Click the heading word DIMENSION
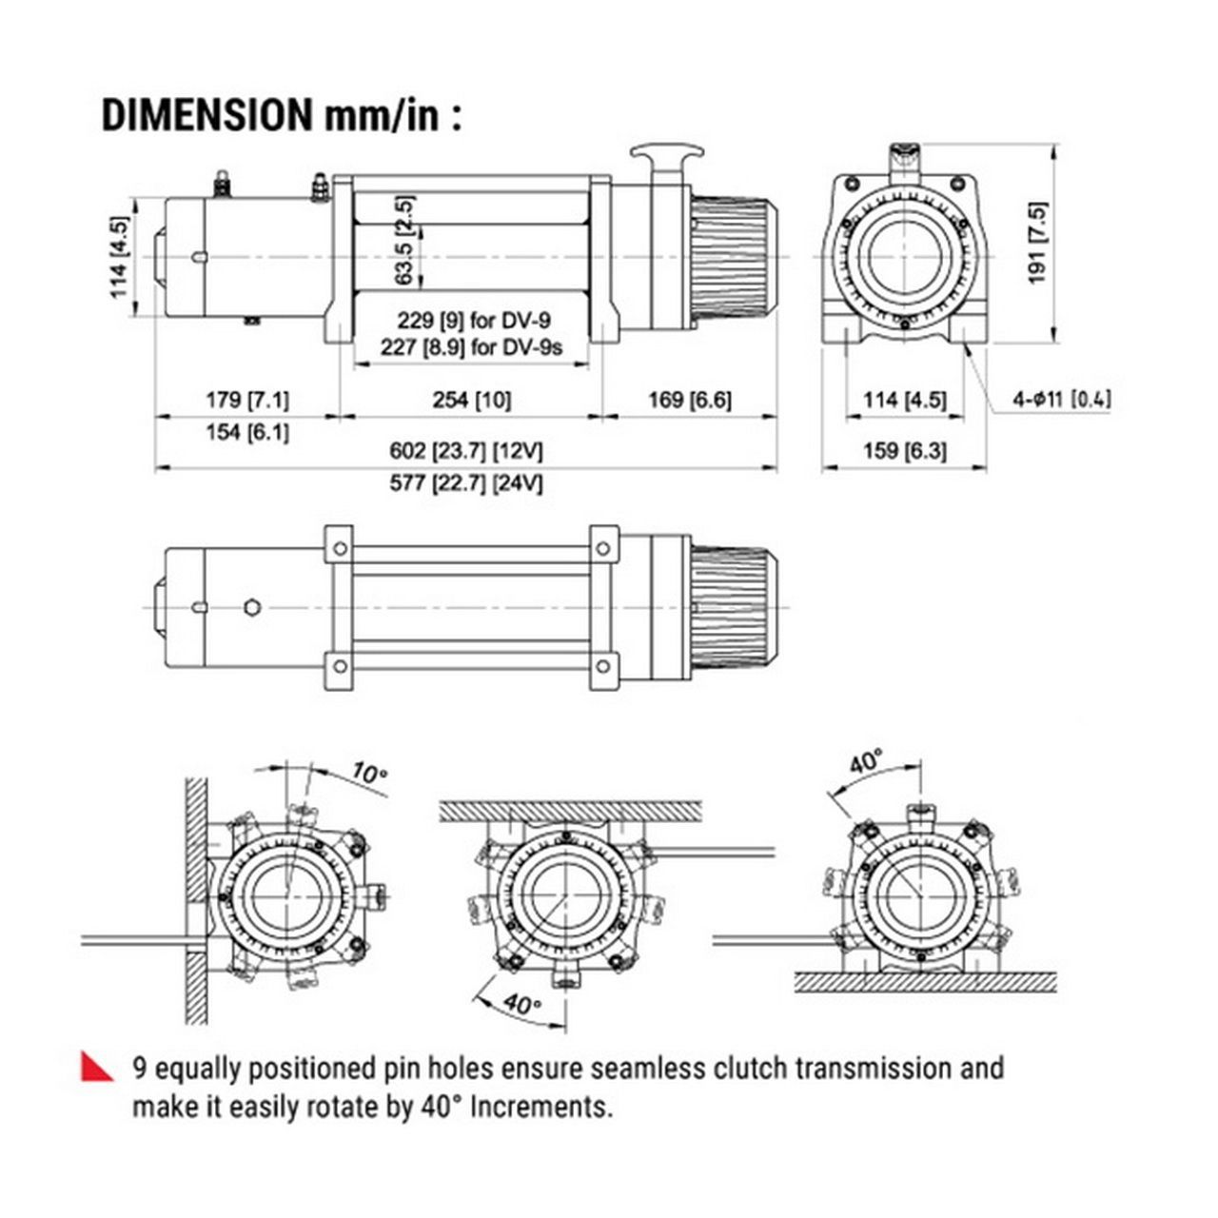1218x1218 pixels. [x=206, y=114]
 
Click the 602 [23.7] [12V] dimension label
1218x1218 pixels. [x=466, y=451]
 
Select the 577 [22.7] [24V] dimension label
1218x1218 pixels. [x=466, y=483]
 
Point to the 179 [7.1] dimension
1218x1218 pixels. [x=247, y=400]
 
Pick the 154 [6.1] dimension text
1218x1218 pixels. [x=247, y=433]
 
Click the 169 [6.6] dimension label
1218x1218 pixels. [x=690, y=400]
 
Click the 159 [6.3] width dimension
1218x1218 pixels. [x=904, y=451]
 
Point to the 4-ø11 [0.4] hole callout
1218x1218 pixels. [x=1061, y=400]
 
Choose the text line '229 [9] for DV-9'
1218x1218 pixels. [x=474, y=322]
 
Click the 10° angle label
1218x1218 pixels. [x=369, y=772]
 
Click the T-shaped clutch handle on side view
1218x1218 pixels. [x=672, y=154]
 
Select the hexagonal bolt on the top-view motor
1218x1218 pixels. [x=252, y=607]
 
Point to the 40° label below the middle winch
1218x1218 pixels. [x=521, y=1003]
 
